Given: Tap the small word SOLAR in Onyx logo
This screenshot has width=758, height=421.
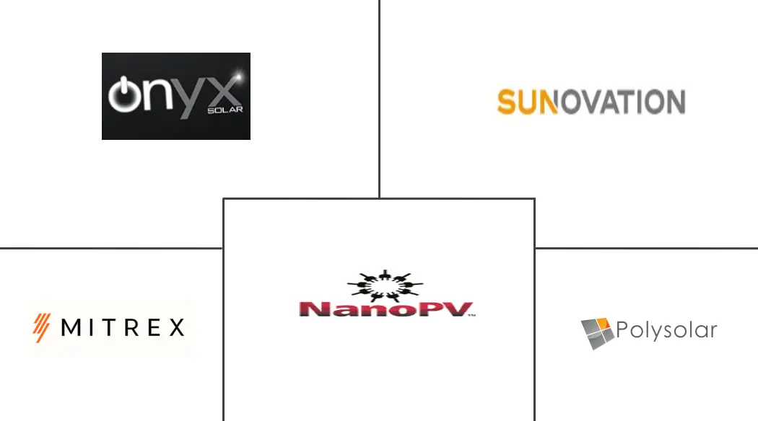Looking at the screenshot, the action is tap(225, 110).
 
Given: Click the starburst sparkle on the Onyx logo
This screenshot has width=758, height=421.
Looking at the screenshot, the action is tap(238, 76).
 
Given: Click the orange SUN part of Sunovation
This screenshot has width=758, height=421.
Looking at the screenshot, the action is tap(528, 102).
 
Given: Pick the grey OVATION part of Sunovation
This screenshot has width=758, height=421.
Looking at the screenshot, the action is tap(622, 102).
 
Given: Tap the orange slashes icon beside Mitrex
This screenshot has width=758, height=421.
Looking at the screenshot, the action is tap(42, 327).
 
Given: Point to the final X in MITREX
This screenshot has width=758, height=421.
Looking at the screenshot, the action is tap(176, 327).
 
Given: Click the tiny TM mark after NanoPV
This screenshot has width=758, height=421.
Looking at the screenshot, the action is tap(472, 315).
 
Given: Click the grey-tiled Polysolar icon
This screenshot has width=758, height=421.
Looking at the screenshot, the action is tap(598, 333).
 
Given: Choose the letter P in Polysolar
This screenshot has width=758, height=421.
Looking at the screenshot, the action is tap(622, 329).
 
